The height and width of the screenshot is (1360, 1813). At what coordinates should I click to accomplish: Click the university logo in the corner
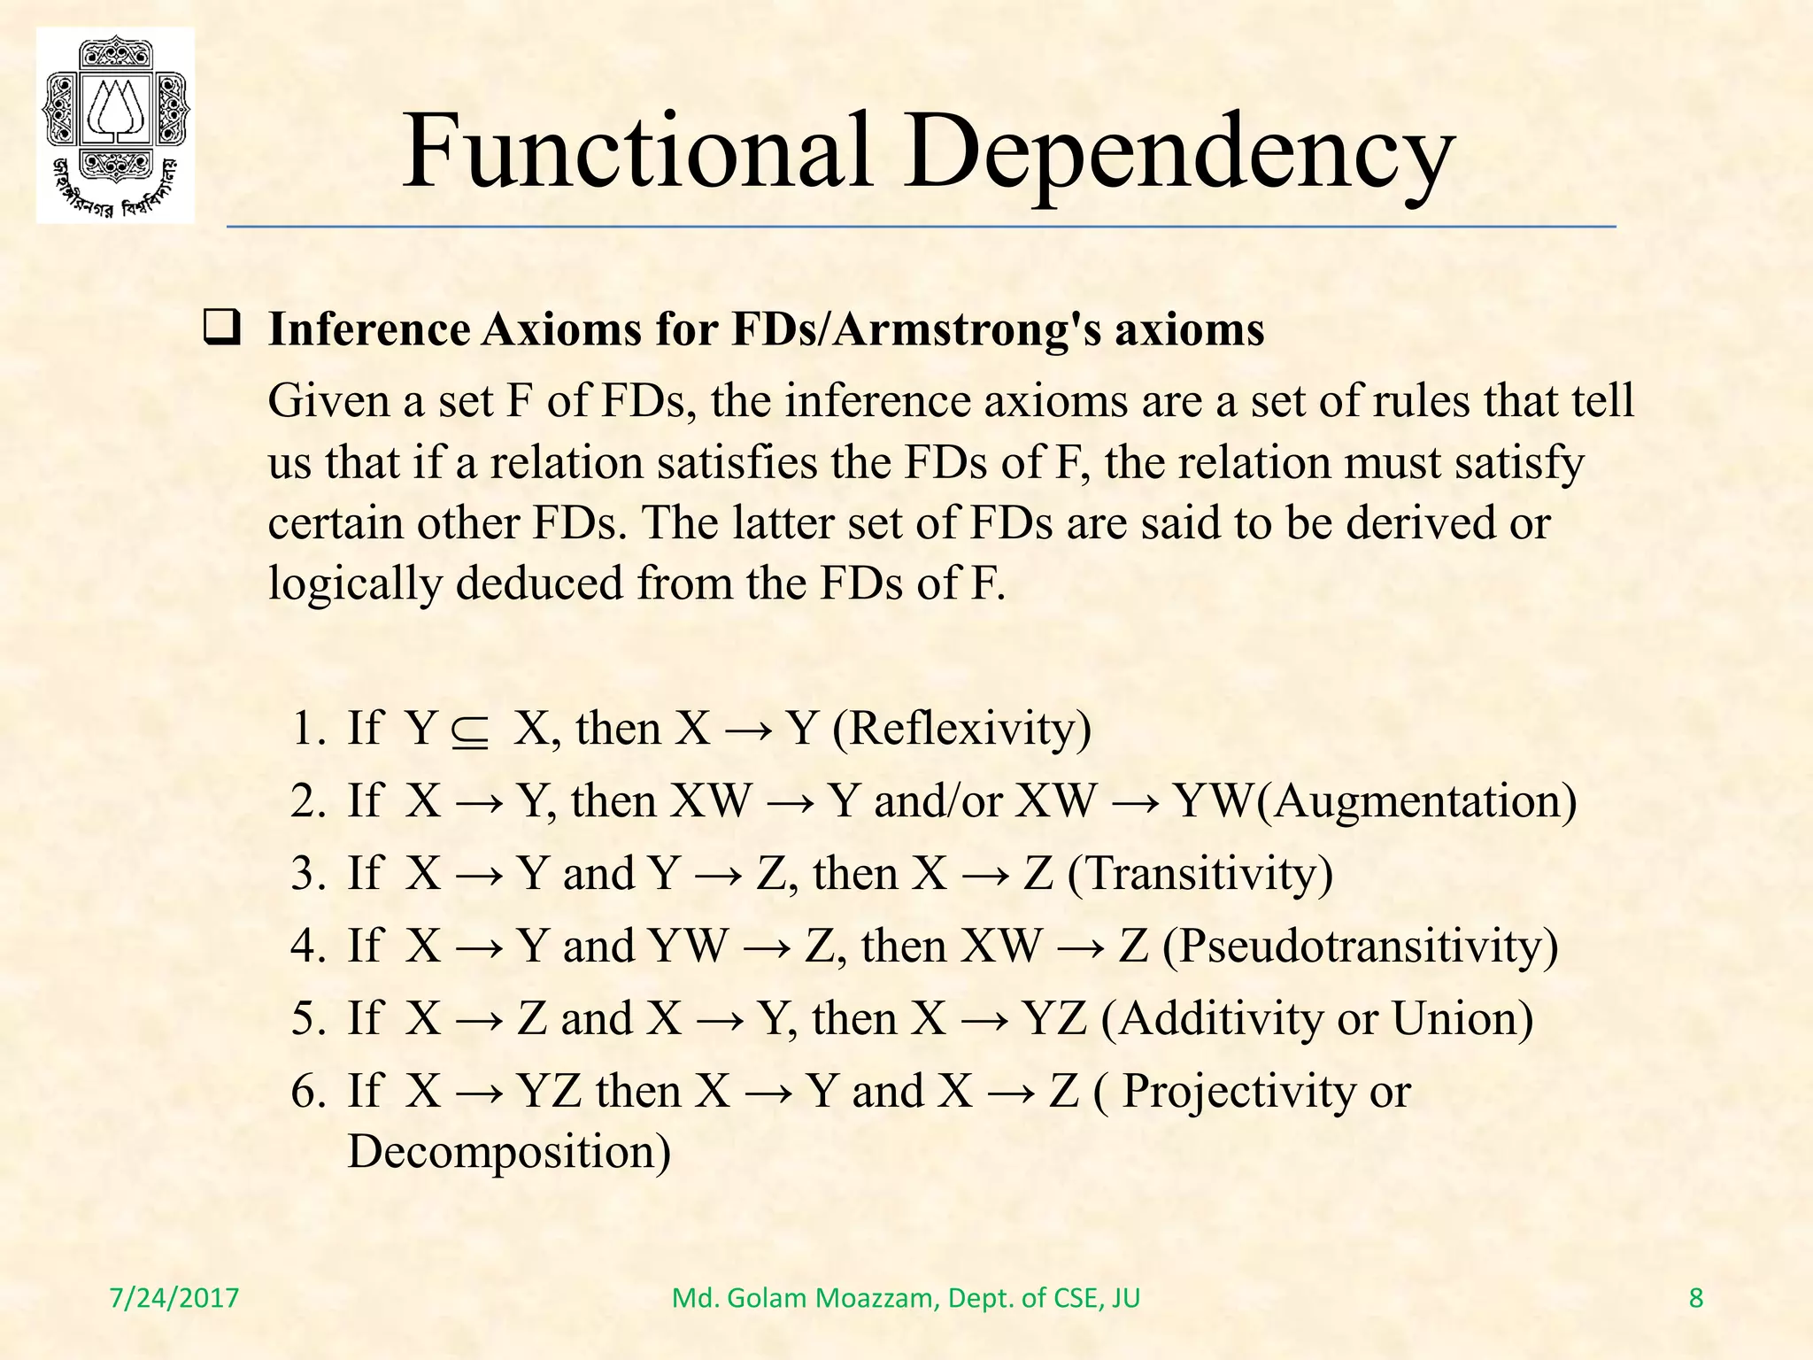click(x=115, y=125)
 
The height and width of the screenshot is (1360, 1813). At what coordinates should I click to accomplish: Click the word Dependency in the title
click(x=1179, y=152)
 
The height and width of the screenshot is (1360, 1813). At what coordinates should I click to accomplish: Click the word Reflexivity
click(x=961, y=730)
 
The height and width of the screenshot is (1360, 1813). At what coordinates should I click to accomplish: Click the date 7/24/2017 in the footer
click(x=174, y=1299)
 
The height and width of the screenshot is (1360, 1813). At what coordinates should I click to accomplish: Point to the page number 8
click(x=1696, y=1299)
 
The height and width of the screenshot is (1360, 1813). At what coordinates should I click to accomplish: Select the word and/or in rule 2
click(x=938, y=802)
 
